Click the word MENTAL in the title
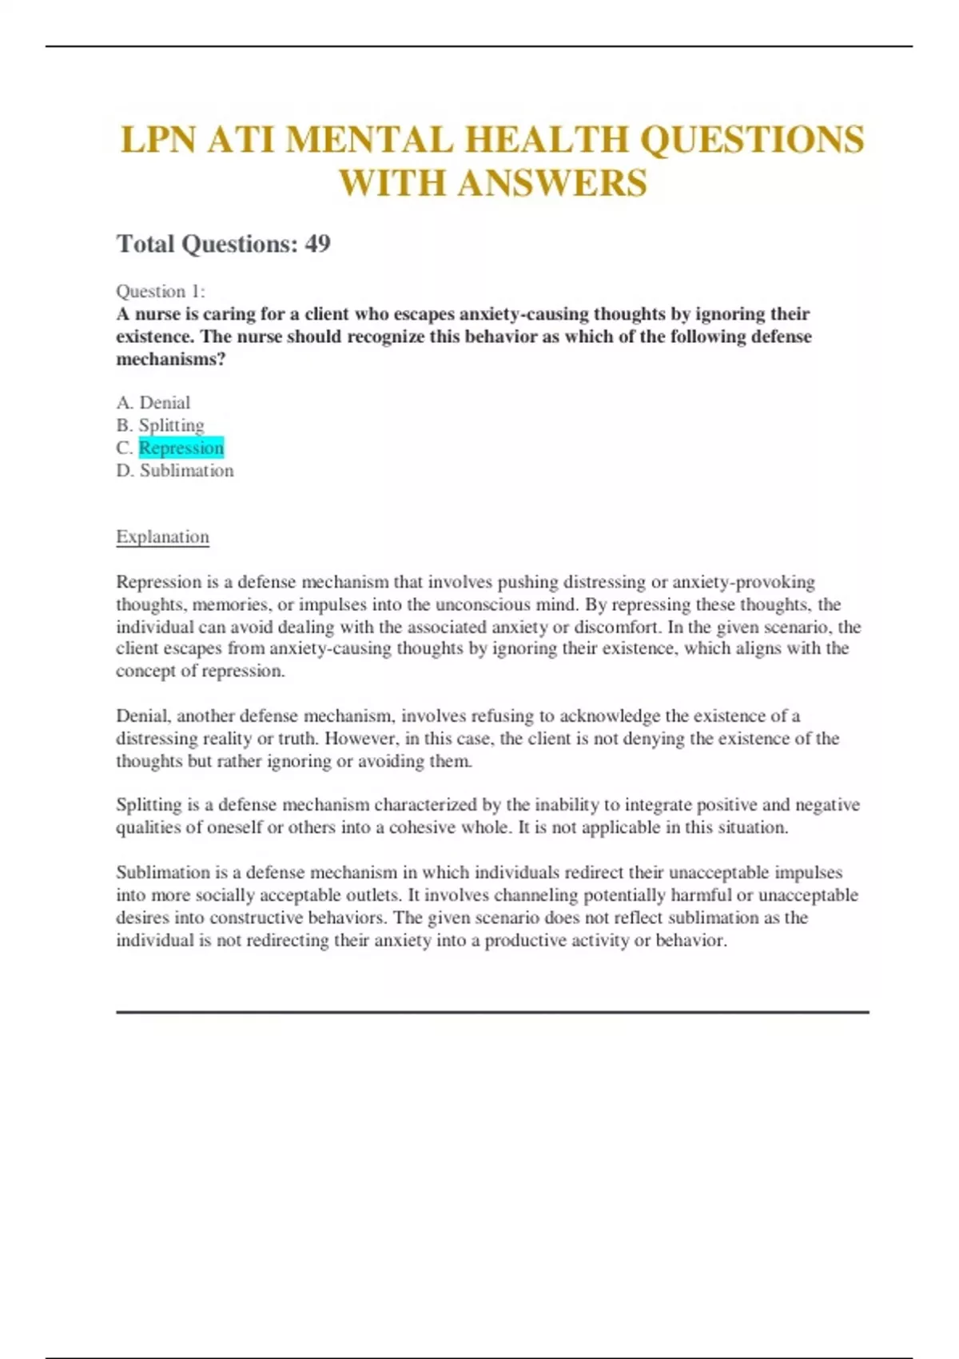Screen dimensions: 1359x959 pyautogui.click(x=371, y=140)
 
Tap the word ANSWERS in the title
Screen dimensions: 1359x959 pyautogui.click(x=552, y=183)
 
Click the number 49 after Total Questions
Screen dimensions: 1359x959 pyautogui.click(x=317, y=244)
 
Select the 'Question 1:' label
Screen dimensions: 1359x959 pyautogui.click(x=161, y=291)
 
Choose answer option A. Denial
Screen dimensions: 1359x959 pyautogui.click(x=153, y=403)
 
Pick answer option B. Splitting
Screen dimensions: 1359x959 pyautogui.click(x=160, y=425)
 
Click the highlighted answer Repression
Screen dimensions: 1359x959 pyautogui.click(x=181, y=448)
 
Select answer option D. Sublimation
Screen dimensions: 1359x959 pyautogui.click(x=175, y=470)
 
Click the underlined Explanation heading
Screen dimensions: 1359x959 pyautogui.click(x=162, y=536)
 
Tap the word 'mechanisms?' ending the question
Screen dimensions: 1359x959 pyautogui.click(x=171, y=359)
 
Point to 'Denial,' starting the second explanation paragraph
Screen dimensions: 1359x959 pyautogui.click(x=143, y=715)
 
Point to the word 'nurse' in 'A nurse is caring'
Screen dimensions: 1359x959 pyautogui.click(x=158, y=314)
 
